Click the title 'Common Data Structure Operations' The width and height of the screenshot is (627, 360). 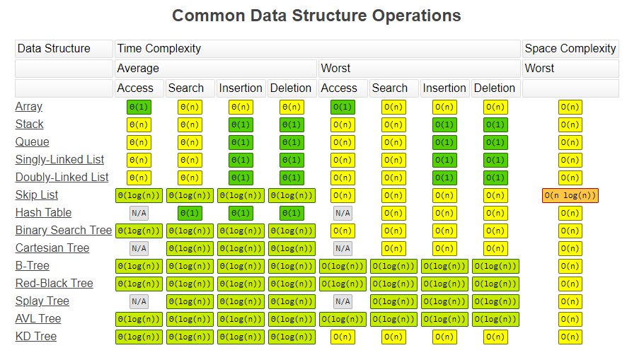coord(316,16)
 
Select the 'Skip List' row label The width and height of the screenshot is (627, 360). coord(37,195)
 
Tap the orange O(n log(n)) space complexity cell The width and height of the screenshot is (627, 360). coord(570,195)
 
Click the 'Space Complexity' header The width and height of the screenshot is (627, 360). coord(570,49)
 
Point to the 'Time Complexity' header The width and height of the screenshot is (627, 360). coord(159,49)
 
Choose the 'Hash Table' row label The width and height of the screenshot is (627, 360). coord(43,213)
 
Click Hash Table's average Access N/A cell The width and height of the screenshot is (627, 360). coord(139,213)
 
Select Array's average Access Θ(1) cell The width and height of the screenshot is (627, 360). coord(139,107)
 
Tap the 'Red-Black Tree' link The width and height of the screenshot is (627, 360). coord(54,284)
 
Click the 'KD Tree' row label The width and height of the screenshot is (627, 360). coord(36,337)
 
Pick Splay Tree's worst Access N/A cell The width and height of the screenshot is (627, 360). coord(343,301)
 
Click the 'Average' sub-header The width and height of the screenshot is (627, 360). coord(138,69)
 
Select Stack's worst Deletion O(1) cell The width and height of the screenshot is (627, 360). coord(495,124)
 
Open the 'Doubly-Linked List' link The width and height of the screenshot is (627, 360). coord(62,178)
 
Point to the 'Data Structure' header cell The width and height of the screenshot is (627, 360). coord(54,49)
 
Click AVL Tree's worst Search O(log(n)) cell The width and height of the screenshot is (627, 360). coord(393,319)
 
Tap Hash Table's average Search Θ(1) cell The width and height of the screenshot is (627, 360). coord(190,213)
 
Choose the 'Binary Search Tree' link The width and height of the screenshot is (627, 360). coord(64,231)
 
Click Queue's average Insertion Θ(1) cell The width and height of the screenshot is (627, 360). coord(241,142)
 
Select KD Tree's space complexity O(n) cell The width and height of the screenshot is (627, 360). coord(570,337)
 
